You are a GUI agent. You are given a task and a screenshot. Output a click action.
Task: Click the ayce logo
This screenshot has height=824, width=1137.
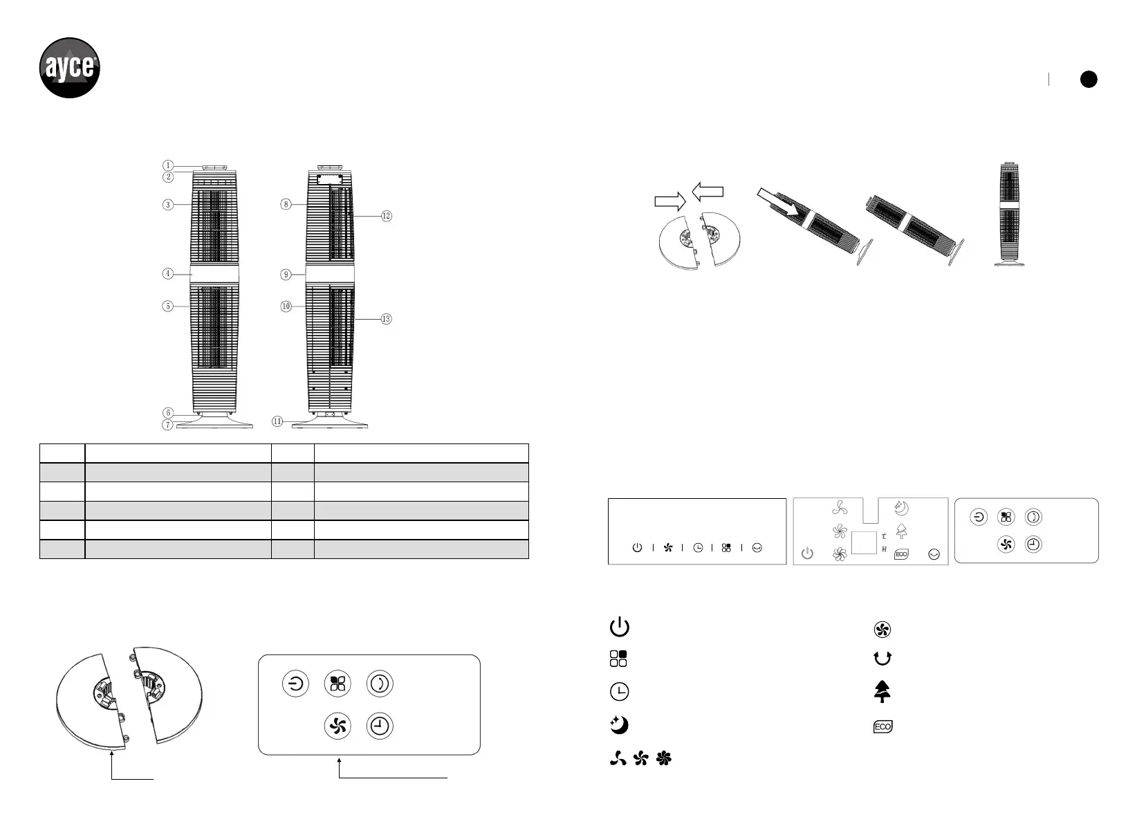70,68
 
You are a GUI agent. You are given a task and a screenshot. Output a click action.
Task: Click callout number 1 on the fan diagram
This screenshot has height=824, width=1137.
168,165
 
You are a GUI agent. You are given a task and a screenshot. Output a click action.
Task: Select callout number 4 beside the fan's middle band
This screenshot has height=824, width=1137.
168,274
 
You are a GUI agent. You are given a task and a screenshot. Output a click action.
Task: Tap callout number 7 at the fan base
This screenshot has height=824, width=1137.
167,424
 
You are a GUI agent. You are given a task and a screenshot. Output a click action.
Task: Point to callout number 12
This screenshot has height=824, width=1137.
387,217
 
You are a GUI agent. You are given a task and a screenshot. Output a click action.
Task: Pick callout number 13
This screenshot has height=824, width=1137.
387,319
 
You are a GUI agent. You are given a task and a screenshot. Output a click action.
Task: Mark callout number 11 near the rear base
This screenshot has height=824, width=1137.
277,421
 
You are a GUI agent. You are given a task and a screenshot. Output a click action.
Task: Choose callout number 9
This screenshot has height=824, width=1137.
286,275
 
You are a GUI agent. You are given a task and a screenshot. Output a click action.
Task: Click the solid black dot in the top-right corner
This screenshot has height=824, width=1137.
1089,79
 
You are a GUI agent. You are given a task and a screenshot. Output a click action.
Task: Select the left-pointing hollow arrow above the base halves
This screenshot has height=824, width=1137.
708,192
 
